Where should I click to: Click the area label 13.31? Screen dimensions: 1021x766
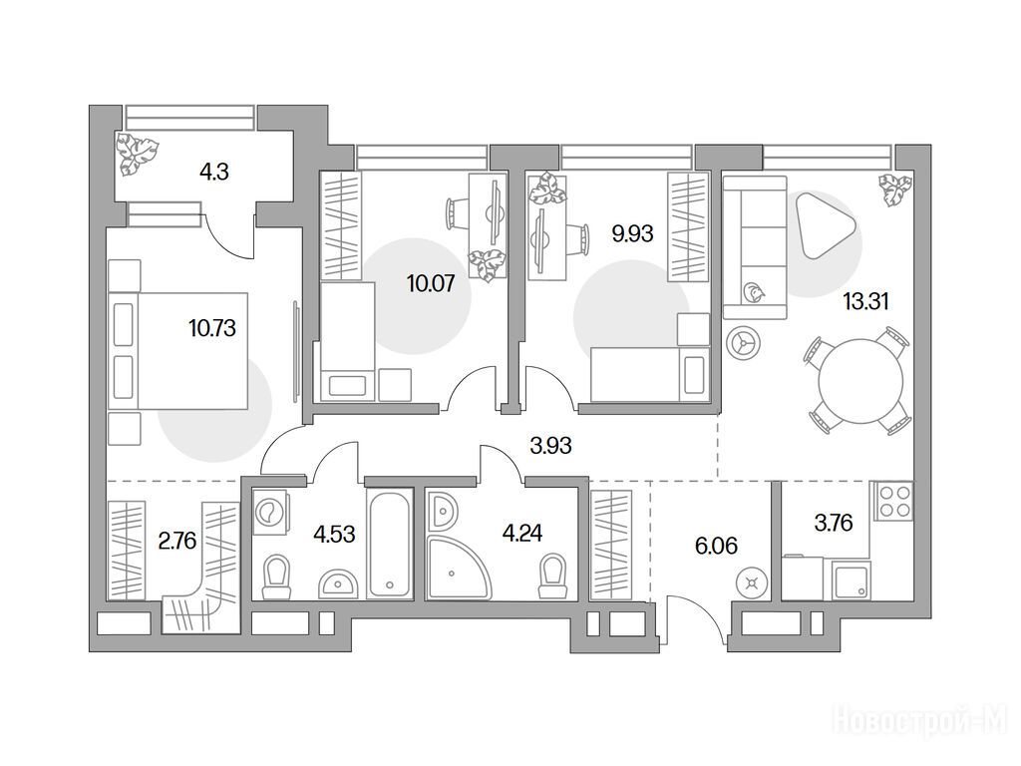pos(865,301)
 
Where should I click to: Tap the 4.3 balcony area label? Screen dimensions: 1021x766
pos(213,173)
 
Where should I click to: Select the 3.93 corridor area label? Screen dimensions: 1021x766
pos(550,446)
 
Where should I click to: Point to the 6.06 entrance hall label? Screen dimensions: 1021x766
pos(716,546)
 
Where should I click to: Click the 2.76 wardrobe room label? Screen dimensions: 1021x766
pos(177,541)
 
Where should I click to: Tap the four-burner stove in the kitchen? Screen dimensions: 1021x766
pos(894,501)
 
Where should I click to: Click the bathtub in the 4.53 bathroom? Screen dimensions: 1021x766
pos(390,544)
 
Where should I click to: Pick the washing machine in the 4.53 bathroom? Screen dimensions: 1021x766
pos(271,512)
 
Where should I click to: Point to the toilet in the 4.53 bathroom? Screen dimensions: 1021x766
pos(276,577)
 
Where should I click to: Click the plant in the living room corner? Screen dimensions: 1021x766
pos(896,190)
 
